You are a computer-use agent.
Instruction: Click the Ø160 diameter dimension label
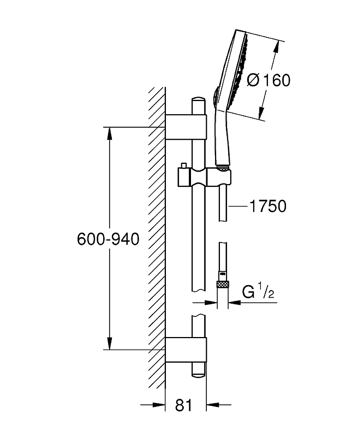(268, 80)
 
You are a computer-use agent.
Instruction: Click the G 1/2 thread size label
(258, 294)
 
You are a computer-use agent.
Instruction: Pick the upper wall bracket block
(186, 126)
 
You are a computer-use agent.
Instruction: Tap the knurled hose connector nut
(222, 284)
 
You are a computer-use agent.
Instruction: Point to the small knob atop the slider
(184, 166)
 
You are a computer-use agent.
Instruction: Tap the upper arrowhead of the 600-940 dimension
(110, 133)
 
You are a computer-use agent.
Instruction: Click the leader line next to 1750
(237, 206)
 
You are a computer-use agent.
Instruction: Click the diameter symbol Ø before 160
(254, 80)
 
